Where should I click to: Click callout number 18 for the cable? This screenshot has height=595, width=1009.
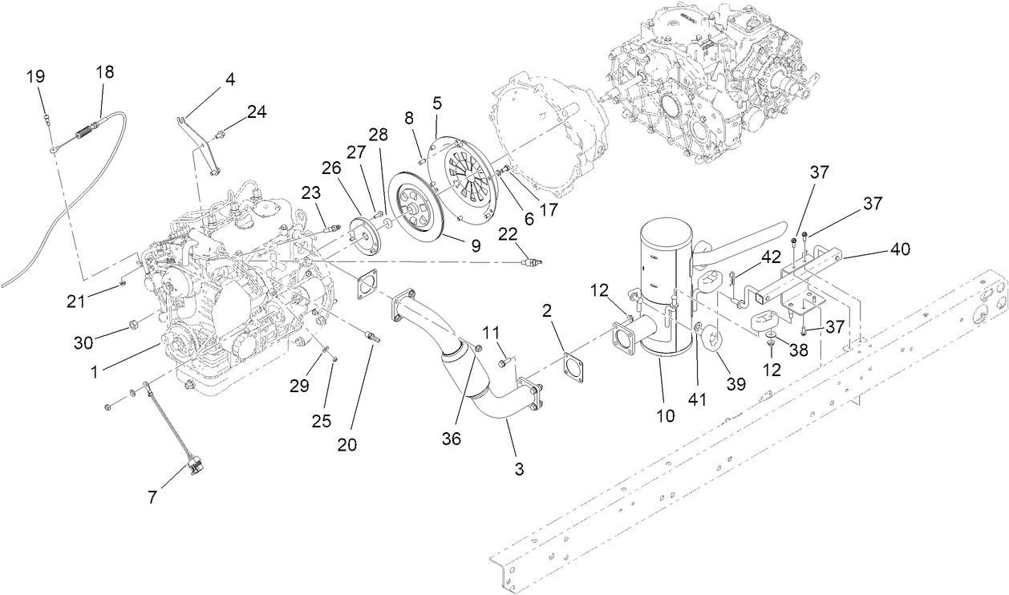[104, 72]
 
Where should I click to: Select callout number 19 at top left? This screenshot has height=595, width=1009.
[35, 77]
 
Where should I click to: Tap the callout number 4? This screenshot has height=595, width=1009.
[230, 79]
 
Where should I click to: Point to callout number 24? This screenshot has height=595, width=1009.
[257, 112]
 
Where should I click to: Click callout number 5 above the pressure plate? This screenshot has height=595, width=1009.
[437, 103]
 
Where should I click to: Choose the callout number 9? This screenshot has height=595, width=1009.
[476, 246]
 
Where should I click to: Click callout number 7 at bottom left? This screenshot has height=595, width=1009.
[152, 497]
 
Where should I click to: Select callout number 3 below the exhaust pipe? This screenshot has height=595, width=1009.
[519, 469]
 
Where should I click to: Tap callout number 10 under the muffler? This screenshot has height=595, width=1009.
[666, 415]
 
